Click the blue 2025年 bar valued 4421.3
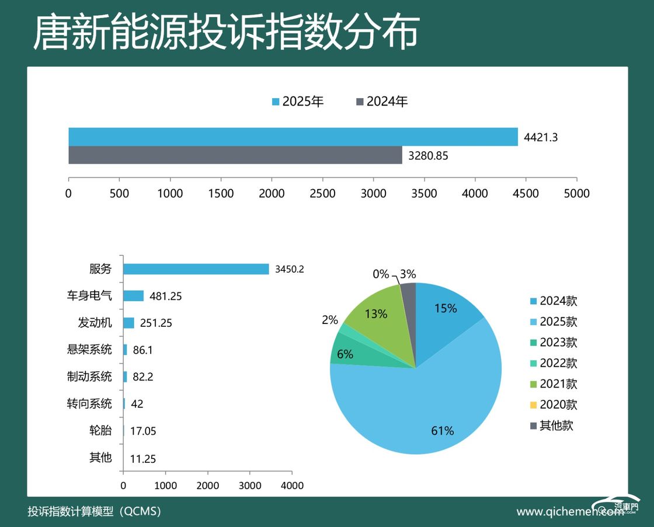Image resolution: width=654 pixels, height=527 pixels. click(292, 137)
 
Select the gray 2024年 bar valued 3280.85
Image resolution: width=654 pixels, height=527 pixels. click(235, 155)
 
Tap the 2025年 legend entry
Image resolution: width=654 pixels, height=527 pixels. click(298, 102)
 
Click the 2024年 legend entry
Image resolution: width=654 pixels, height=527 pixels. click(382, 102)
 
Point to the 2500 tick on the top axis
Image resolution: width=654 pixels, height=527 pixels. click(322, 193)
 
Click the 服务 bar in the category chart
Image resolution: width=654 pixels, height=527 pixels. click(196, 269)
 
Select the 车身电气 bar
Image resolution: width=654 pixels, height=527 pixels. click(133, 296)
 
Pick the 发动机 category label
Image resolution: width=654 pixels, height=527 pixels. click(95, 323)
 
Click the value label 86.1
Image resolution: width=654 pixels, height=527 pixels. click(142, 350)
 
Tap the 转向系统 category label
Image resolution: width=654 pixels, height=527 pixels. click(89, 403)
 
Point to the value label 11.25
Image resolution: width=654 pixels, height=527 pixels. click(143, 459)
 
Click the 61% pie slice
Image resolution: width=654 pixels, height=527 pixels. click(426, 409)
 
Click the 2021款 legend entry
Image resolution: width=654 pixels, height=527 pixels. click(553, 384)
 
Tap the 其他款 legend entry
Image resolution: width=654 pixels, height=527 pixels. click(551, 425)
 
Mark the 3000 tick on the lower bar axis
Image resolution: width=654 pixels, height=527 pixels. click(250, 486)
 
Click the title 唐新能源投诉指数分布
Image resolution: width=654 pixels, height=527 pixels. click(226, 33)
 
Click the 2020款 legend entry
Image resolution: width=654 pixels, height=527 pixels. click(553, 404)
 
